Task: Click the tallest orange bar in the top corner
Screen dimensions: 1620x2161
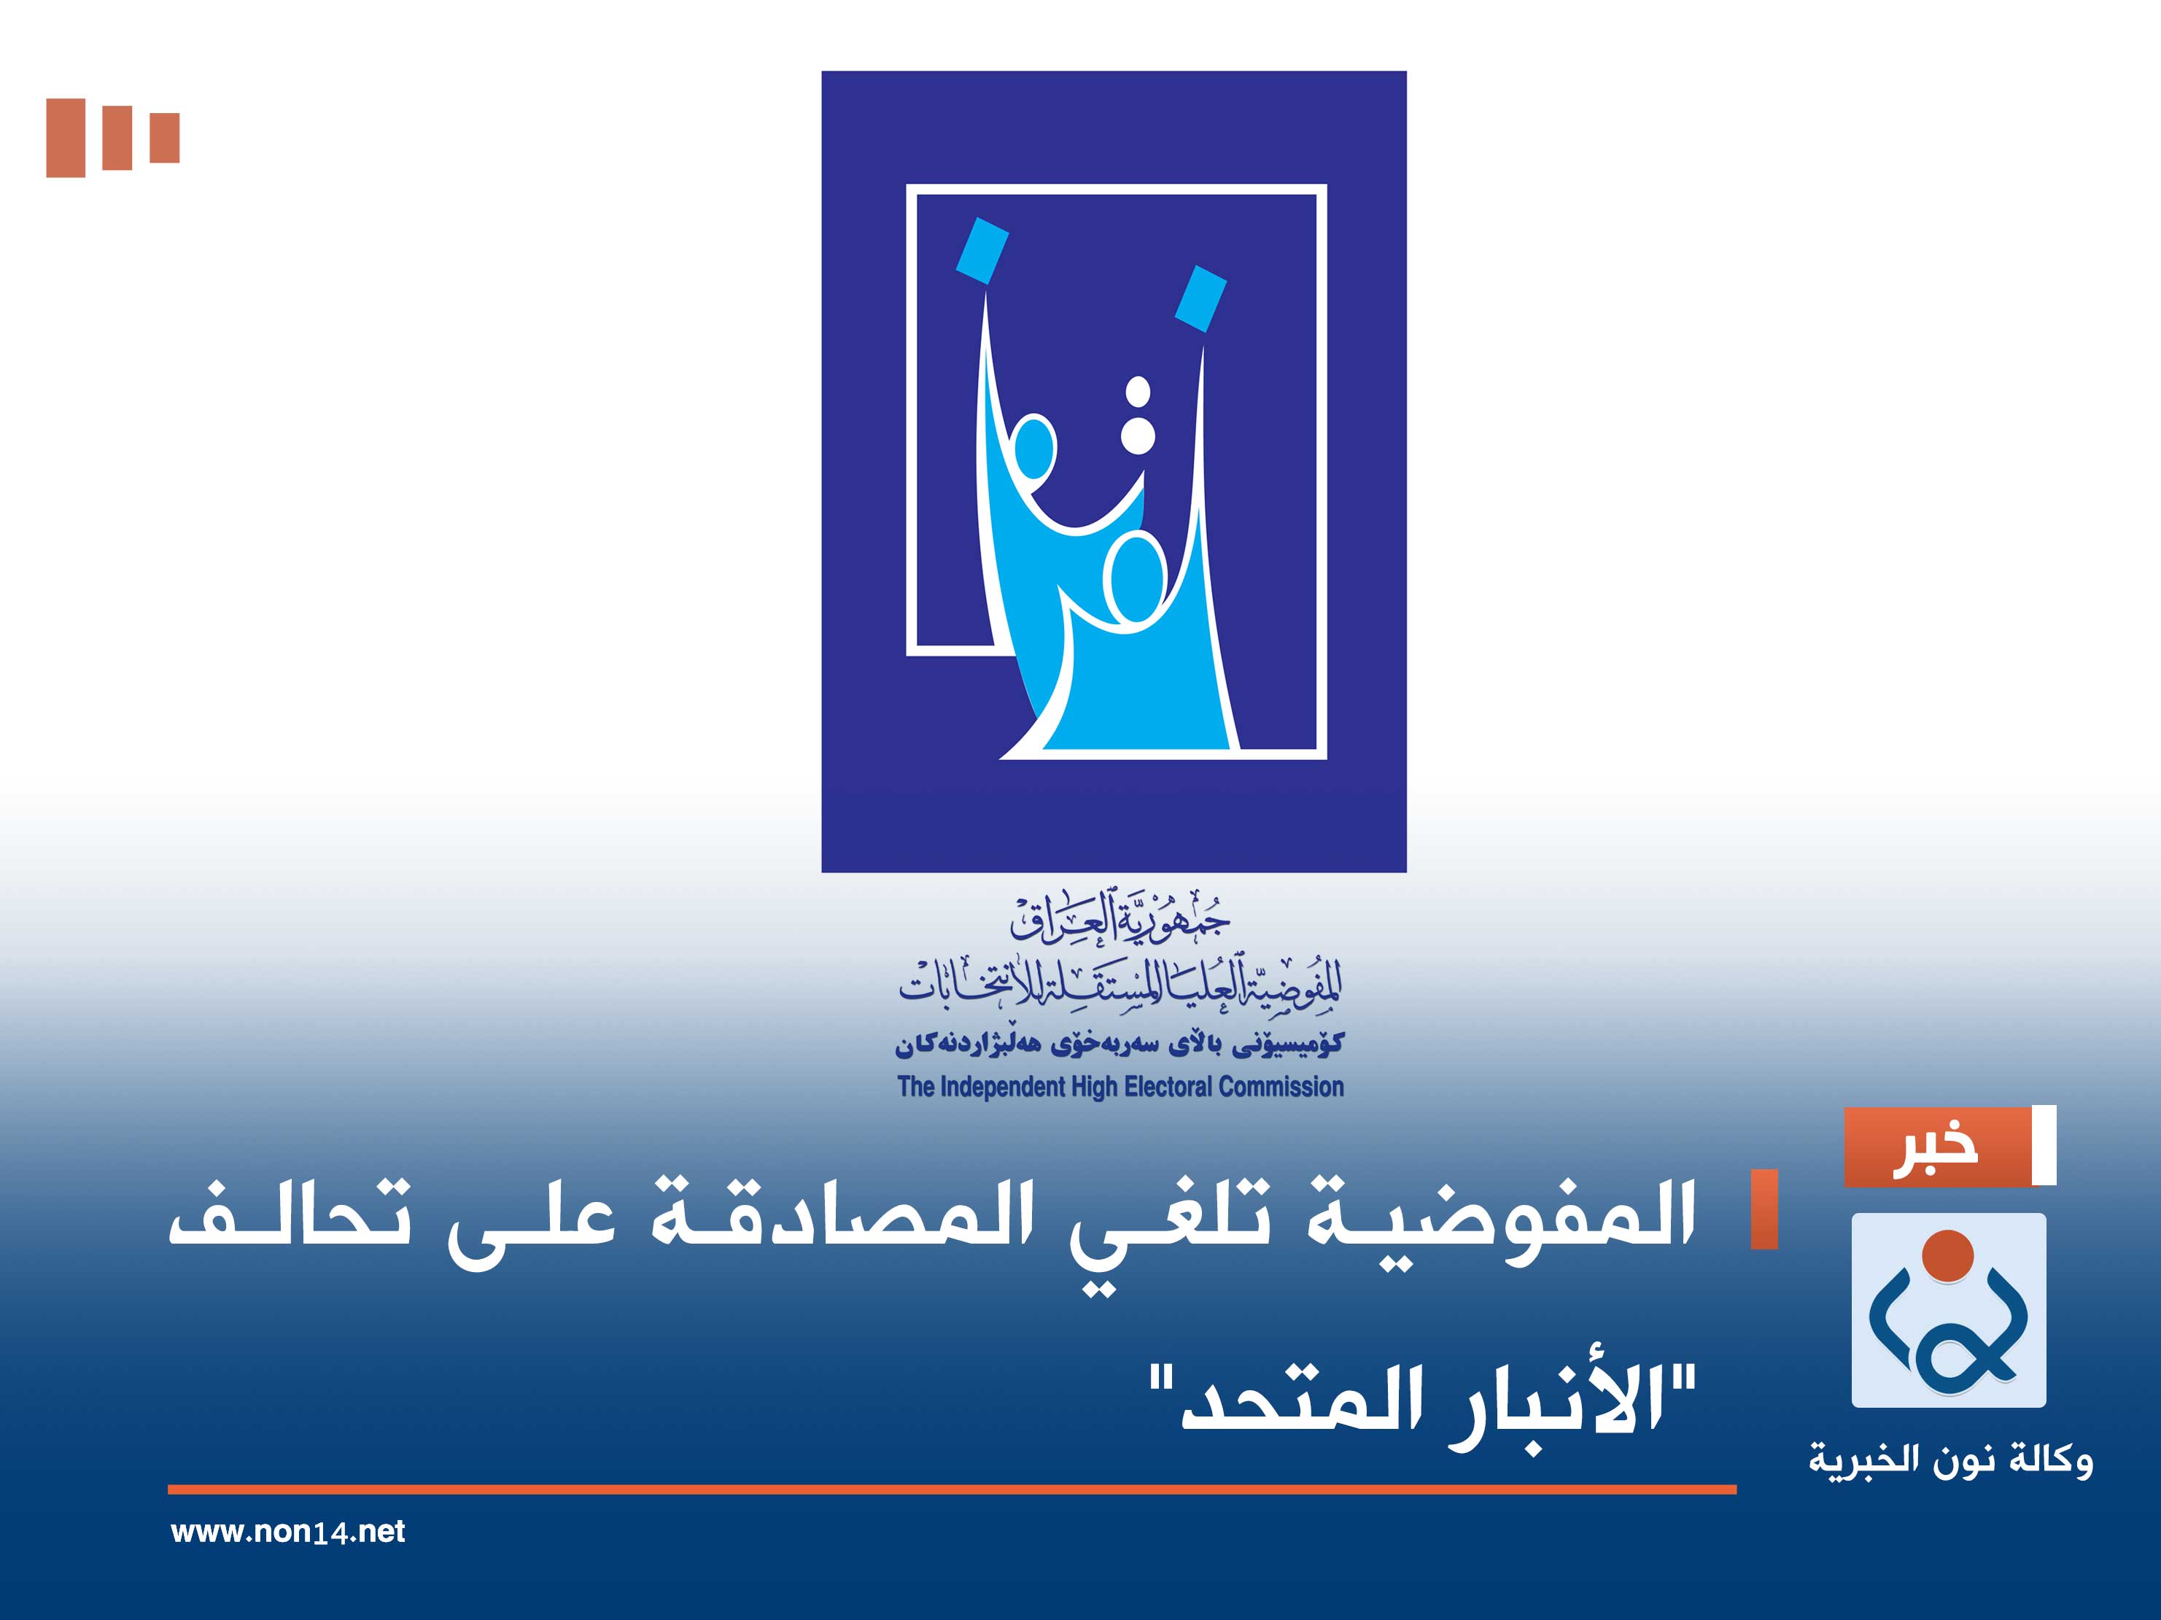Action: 66,138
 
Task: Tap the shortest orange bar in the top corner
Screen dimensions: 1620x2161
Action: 164,138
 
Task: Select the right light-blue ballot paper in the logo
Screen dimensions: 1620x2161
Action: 1200,298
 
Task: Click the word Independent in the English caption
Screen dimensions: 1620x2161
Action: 1002,1087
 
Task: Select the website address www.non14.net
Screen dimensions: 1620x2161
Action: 287,1531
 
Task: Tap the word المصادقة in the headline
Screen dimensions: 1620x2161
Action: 841,1220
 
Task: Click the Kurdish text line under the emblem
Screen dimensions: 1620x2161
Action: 1120,1045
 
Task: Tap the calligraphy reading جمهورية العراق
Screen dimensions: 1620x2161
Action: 1120,918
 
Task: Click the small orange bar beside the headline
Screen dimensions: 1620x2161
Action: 1764,1209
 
